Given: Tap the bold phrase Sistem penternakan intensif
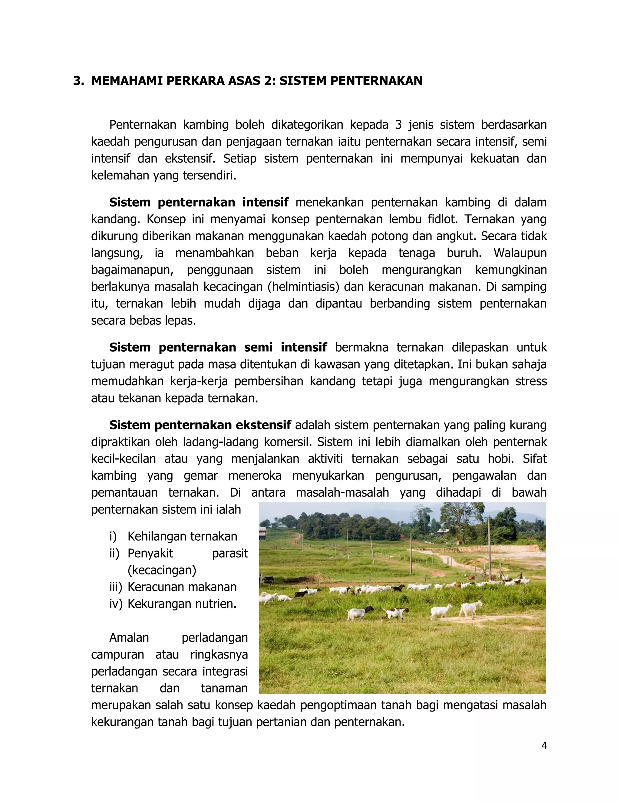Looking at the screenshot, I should pos(199,202).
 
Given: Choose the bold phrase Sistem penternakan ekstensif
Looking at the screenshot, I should pos(200,425).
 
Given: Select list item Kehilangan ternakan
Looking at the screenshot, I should pos(182,537).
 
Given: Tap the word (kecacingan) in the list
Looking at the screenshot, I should pos(162,570).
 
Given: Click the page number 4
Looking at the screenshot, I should pos(544,746).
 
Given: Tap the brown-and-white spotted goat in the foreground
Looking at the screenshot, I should pos(396,613).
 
